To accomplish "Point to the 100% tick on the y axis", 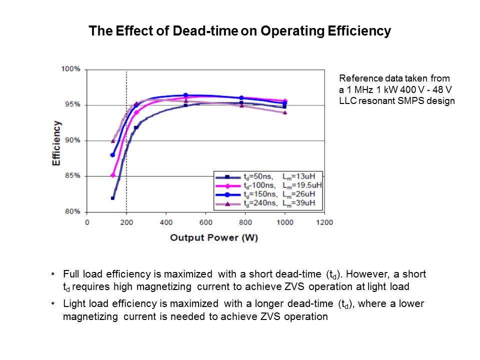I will (70, 69).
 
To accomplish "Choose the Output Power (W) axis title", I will (214, 238).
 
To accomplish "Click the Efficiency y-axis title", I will (57, 143).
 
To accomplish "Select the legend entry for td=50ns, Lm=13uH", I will (267, 176).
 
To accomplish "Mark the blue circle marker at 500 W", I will (185, 95).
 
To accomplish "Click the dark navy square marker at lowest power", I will (112, 198).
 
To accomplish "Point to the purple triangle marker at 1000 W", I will (285, 112).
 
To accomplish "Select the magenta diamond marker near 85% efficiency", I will (113, 175).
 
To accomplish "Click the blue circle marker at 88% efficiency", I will (112, 155).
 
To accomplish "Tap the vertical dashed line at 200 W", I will (126, 150).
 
